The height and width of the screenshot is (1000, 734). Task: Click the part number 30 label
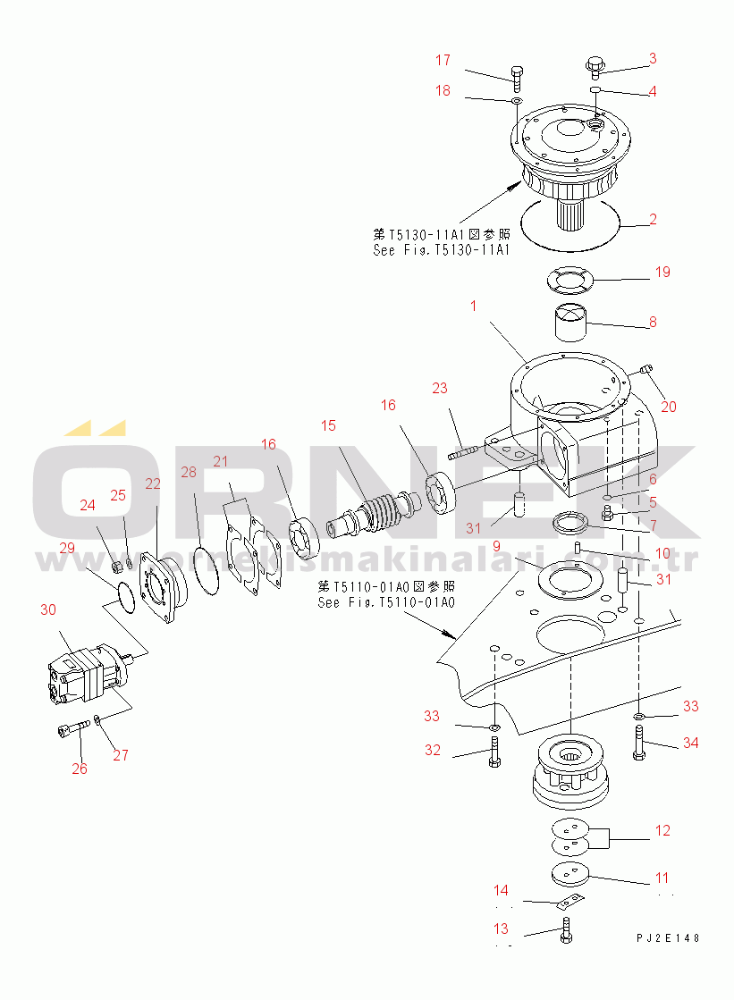tap(47, 609)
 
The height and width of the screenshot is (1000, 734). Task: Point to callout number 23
tap(439, 389)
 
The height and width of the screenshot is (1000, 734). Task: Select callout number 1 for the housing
tap(473, 306)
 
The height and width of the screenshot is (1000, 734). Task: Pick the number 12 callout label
tap(662, 830)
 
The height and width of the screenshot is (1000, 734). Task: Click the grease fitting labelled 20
tap(648, 368)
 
